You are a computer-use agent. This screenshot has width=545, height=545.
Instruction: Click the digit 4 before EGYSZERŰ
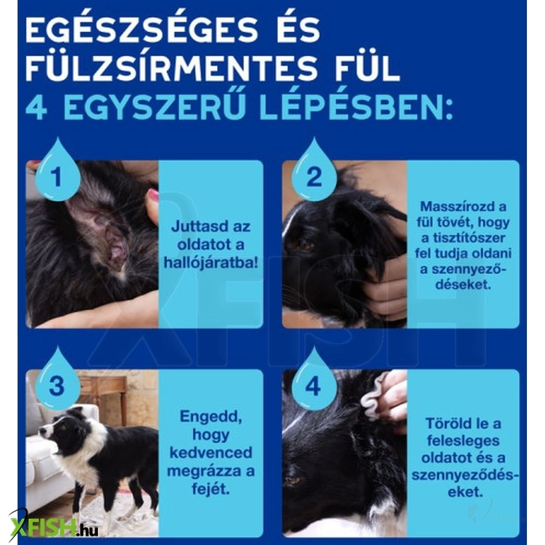[x=37, y=108]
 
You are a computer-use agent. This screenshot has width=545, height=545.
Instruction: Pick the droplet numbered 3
[x=57, y=381]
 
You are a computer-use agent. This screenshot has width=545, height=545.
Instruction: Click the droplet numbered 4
[x=315, y=381]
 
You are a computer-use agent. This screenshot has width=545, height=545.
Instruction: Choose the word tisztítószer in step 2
[x=468, y=238]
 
